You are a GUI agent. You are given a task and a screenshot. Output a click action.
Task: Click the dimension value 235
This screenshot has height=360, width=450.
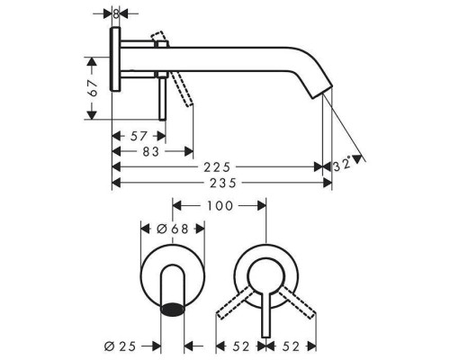pos(222,183)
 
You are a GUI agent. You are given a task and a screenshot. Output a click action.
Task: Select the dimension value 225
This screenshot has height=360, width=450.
pos(217,167)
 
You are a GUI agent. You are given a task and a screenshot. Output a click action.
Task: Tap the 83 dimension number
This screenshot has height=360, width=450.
pos(150,152)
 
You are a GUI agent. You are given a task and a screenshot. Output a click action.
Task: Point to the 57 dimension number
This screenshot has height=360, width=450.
pos(139,136)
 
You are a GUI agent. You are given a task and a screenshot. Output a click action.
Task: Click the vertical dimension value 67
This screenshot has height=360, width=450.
pos(93,88)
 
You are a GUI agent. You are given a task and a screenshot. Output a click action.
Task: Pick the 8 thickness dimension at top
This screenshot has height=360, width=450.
pos(116,13)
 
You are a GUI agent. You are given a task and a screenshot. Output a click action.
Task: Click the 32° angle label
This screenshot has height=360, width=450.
pos(342,164)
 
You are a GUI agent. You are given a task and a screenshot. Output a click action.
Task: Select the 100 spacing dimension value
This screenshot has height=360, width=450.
pos(220,206)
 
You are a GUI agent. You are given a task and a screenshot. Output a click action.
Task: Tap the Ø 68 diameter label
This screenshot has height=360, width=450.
pos(173,229)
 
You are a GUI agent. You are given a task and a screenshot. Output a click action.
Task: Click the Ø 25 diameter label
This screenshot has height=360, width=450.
pos(120,346)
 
